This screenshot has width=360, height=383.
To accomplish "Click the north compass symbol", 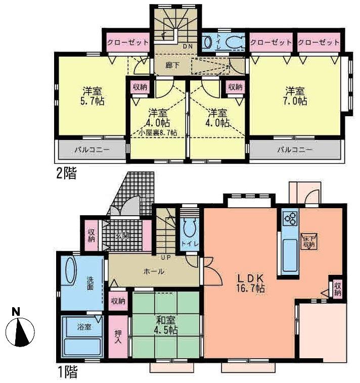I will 20,331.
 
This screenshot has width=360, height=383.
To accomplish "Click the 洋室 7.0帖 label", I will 296,96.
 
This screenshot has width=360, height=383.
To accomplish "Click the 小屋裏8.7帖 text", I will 158,133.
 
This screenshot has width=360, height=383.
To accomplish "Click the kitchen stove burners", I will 291,219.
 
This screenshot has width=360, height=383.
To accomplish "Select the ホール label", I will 154,271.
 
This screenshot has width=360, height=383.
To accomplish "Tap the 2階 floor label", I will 66,174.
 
